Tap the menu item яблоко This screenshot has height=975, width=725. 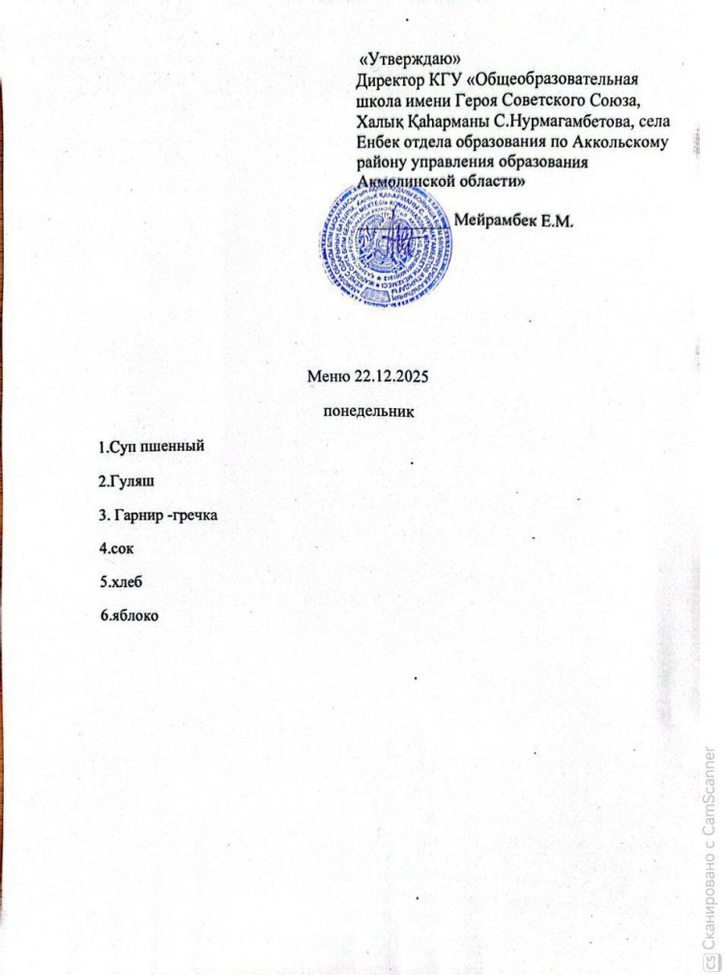tap(134, 616)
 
